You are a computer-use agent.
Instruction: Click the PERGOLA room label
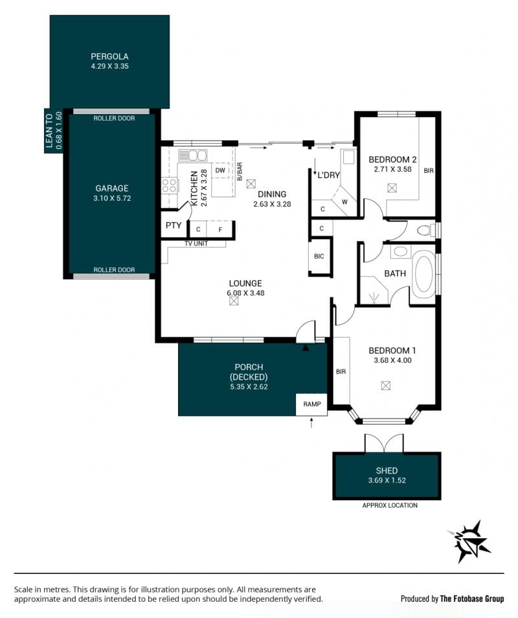109,56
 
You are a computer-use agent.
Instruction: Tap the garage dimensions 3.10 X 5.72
112,198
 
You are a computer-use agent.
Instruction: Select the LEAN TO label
49,131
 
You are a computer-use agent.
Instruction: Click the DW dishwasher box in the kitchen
220,170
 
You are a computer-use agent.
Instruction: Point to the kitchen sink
192,155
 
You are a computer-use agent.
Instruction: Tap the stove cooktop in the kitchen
169,186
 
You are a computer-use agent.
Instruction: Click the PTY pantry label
174,225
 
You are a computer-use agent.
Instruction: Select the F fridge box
220,229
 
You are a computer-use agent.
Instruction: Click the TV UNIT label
196,244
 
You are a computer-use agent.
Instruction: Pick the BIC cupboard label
319,256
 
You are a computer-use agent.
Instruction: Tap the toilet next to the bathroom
424,230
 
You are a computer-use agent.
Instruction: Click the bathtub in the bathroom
423,274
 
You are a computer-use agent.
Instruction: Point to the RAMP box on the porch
311,404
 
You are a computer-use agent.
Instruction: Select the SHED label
387,470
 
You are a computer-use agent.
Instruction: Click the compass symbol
470,541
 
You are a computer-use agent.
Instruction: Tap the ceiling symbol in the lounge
234,301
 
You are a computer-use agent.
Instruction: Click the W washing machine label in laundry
344,202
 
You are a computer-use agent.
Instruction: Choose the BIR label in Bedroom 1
341,372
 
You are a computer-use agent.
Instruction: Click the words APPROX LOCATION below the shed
390,505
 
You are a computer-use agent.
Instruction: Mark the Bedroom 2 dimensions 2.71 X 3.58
393,170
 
